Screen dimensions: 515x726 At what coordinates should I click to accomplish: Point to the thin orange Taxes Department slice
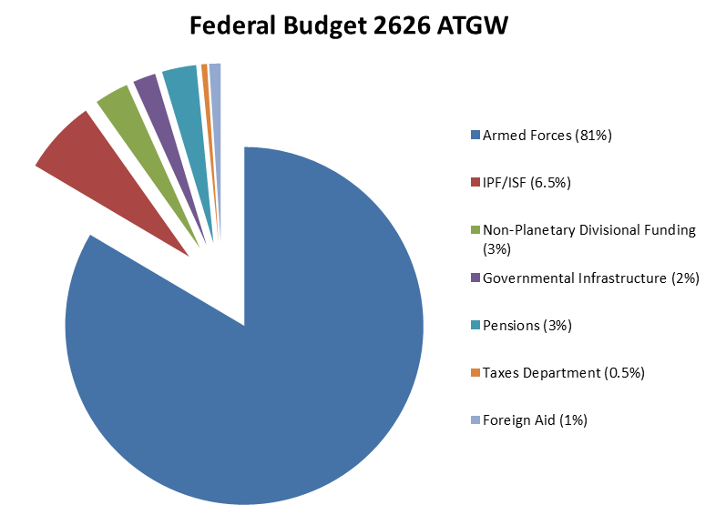pos(206,82)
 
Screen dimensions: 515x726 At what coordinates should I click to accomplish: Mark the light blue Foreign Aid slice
pos(216,82)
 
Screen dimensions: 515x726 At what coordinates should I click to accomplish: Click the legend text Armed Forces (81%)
pos(547,136)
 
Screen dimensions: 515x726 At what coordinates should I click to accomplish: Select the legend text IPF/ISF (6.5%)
pos(527,183)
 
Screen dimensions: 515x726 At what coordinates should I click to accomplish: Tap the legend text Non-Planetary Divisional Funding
pos(588,230)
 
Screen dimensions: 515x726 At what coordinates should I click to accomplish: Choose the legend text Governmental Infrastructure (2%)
pos(590,278)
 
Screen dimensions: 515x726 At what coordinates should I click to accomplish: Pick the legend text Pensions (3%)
pos(527,325)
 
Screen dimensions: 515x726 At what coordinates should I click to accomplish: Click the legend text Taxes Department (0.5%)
pos(563,372)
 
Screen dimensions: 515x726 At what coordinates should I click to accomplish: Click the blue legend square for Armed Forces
pos(475,136)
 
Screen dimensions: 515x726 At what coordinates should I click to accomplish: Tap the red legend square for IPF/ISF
pos(475,183)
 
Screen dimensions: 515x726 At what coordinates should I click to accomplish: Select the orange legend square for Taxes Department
pos(475,372)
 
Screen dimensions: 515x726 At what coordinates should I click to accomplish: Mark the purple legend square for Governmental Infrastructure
pos(475,278)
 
